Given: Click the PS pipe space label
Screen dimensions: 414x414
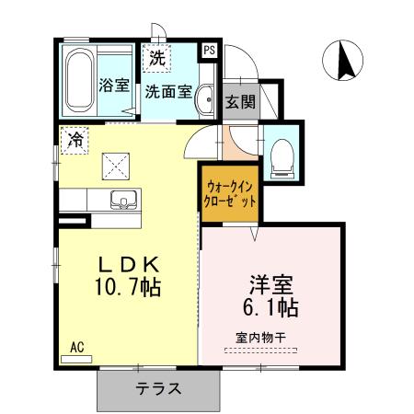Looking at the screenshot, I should [210, 51].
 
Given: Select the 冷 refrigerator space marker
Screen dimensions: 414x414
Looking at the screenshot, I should [73, 141].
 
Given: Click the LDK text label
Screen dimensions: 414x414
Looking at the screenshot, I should [130, 263].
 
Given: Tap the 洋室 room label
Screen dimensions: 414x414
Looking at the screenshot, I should [267, 282].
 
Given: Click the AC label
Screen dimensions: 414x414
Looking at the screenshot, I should [77, 347].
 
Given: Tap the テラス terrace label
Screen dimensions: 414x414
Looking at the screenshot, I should [158, 387].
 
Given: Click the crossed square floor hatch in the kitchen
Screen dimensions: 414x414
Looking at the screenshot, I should [117, 167].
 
